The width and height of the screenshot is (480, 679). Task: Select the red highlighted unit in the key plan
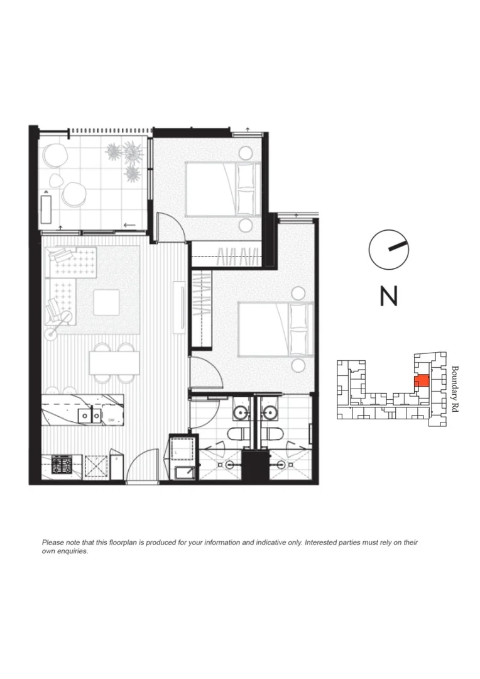click(422, 380)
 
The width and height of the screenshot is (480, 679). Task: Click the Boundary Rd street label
click(455, 388)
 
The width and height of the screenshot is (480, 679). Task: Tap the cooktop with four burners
click(62, 465)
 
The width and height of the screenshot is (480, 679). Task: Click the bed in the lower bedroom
click(275, 329)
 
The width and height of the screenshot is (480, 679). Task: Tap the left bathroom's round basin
click(239, 412)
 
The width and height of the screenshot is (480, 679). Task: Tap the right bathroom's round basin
click(271, 412)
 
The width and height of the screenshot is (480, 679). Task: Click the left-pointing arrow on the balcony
click(131, 225)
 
